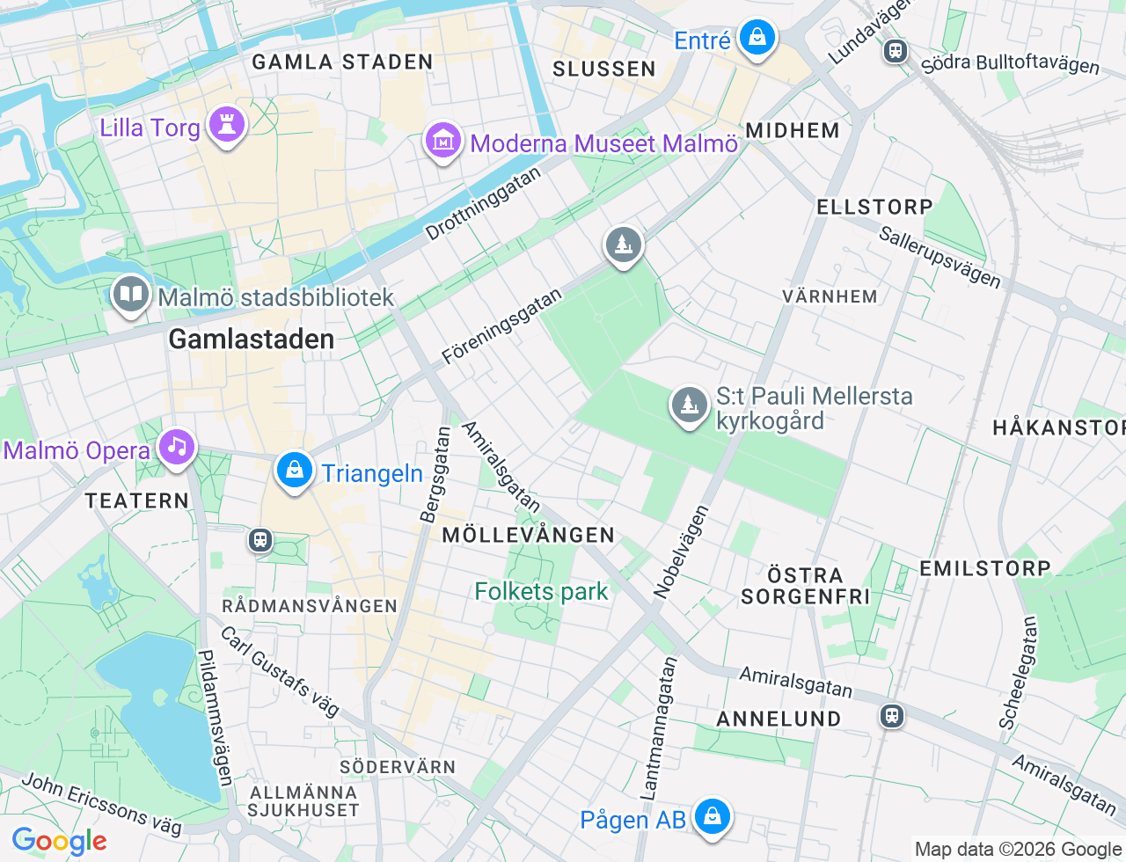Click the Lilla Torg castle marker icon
pyautogui.click(x=226, y=126)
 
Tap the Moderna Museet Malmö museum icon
pyautogui.click(x=443, y=141)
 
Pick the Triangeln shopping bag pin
pyautogui.click(x=295, y=471)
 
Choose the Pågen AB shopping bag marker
pyautogui.click(x=712, y=818)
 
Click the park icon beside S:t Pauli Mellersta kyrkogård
pyautogui.click(x=690, y=406)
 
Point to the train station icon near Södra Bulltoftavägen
pyautogui.click(x=896, y=51)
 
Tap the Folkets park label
pyautogui.click(x=541, y=592)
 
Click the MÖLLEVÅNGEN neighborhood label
pyautogui.click(x=528, y=535)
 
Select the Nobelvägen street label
pyautogui.click(x=682, y=552)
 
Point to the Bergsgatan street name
pyautogui.click(x=435, y=475)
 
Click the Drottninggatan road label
pyautogui.click(x=483, y=204)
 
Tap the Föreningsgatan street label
pyautogui.click(x=501, y=326)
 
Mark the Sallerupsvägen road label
pyautogui.click(x=940, y=257)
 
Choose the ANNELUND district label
pyautogui.click(x=779, y=719)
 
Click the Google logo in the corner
pyautogui.click(x=59, y=841)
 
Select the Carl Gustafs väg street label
pyautogui.click(x=279, y=671)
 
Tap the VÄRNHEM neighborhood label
pyautogui.click(x=830, y=296)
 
